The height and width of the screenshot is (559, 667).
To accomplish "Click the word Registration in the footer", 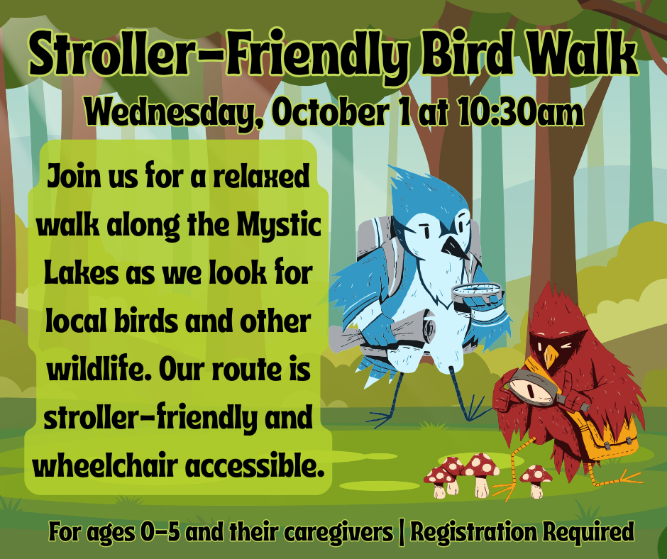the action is [x=474, y=532].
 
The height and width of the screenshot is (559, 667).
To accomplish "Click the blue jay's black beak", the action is [x=455, y=247].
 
